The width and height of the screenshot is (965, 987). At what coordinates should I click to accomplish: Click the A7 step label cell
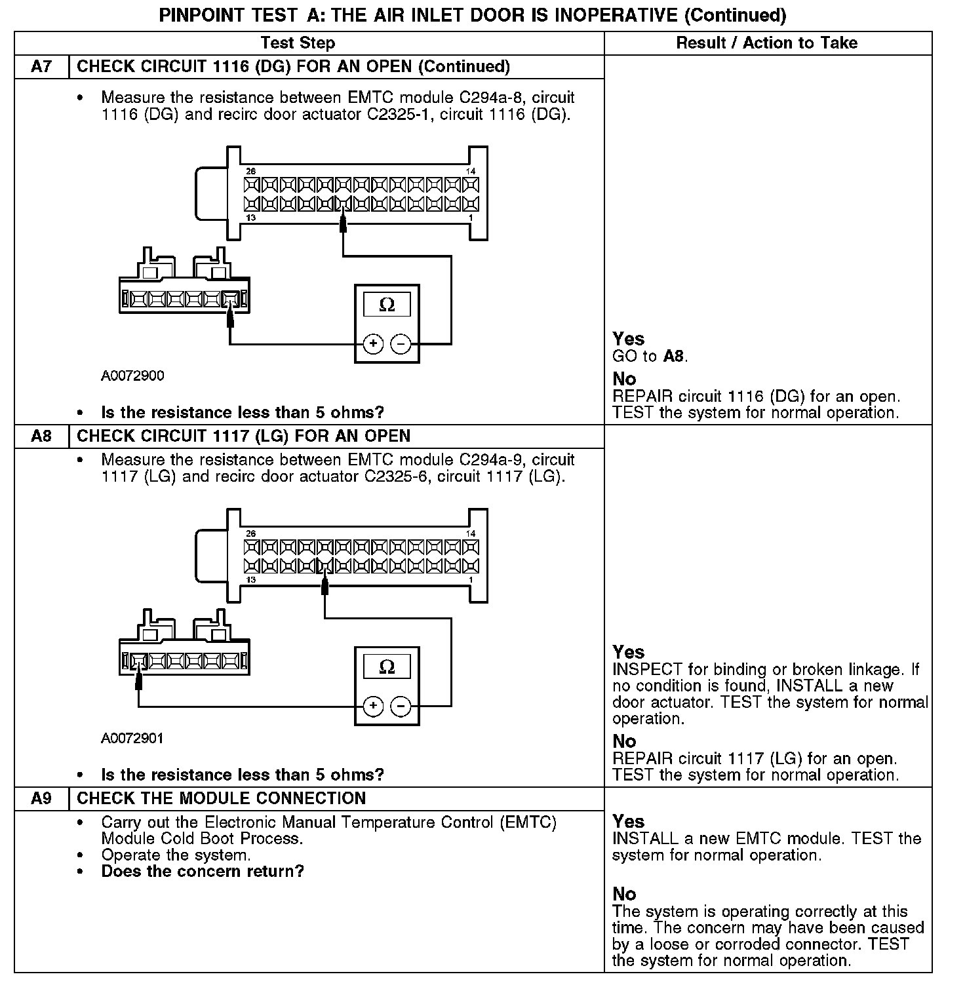coord(41,67)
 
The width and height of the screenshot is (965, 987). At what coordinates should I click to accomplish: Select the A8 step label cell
coord(41,436)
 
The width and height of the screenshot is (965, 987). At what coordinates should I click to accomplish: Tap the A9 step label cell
coord(41,799)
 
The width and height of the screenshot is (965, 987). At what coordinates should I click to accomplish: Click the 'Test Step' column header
coord(298,43)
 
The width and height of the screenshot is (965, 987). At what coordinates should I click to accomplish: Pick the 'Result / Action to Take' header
coord(766,43)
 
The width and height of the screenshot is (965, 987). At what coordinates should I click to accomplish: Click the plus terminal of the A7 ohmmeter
coord(373,343)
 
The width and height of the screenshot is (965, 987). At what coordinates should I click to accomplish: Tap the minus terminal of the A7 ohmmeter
coord(401,343)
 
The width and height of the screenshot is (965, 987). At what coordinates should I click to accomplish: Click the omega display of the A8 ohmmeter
coord(387,667)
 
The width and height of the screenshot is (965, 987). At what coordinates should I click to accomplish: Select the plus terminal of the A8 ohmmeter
coord(373,706)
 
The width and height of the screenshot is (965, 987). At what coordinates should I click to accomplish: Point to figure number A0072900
coord(132,376)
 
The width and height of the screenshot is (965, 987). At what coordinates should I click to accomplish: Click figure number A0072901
coord(132,739)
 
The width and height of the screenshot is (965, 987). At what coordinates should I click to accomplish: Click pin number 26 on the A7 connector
coord(250,172)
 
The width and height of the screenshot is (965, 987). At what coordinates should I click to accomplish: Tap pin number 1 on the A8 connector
coord(471,580)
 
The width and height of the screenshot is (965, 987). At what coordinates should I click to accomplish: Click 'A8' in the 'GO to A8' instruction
coord(674,357)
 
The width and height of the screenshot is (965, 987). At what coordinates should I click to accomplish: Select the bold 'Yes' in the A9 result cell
coord(629,822)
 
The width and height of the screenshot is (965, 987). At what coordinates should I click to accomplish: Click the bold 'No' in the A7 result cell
coord(624,379)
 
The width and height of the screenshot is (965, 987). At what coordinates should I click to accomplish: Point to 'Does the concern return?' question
coord(203,872)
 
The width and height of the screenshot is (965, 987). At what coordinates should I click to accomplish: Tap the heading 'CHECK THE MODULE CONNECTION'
coord(221,799)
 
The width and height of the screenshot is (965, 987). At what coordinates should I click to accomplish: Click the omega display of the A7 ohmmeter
coord(387,305)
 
